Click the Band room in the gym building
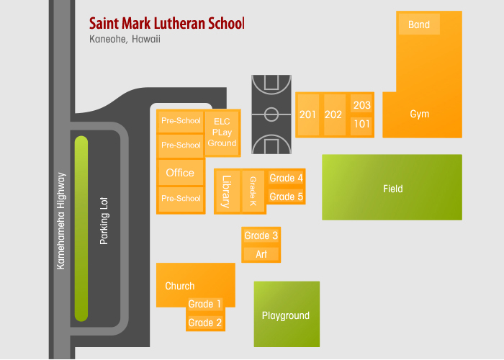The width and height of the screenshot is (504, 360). [x=419, y=24]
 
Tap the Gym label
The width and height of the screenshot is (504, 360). [x=420, y=114]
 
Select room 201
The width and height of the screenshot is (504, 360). [x=308, y=114]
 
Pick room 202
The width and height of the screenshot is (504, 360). [x=335, y=114]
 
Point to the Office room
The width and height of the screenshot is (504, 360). [x=181, y=173]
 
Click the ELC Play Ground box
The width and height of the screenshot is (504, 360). [x=222, y=132]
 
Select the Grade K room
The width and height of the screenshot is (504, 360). [x=253, y=192]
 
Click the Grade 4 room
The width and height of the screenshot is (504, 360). [x=286, y=178]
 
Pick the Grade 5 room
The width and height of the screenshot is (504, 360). [x=286, y=197]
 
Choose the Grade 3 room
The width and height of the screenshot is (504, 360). [x=261, y=235]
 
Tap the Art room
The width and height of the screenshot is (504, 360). [x=261, y=254]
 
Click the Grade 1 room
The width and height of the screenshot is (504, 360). [x=204, y=304]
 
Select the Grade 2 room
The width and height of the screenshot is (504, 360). [x=204, y=323]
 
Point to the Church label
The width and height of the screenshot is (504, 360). [x=180, y=286]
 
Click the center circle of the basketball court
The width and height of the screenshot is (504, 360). [x=271, y=114]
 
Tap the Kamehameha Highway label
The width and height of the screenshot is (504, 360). [x=61, y=221]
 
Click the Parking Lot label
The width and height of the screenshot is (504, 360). [x=104, y=221]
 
